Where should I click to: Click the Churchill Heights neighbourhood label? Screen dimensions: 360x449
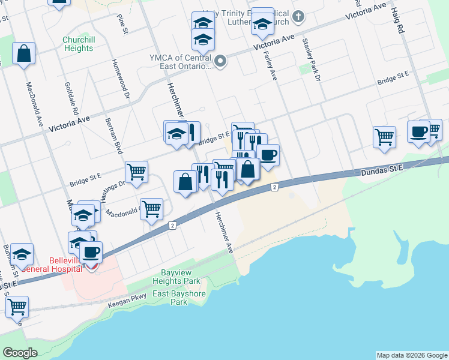[x=77, y=44]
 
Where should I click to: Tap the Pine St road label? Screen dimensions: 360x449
[x=123, y=22]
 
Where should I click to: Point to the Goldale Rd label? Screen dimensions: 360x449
[x=71, y=99]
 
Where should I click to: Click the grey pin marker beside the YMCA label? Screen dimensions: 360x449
[x=221, y=61]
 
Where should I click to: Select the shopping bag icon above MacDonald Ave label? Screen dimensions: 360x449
[x=24, y=53]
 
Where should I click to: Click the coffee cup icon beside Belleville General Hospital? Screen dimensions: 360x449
[x=91, y=252]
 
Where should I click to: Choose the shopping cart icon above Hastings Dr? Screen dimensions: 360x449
[x=137, y=172]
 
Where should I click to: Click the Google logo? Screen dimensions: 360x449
[x=20, y=353]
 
